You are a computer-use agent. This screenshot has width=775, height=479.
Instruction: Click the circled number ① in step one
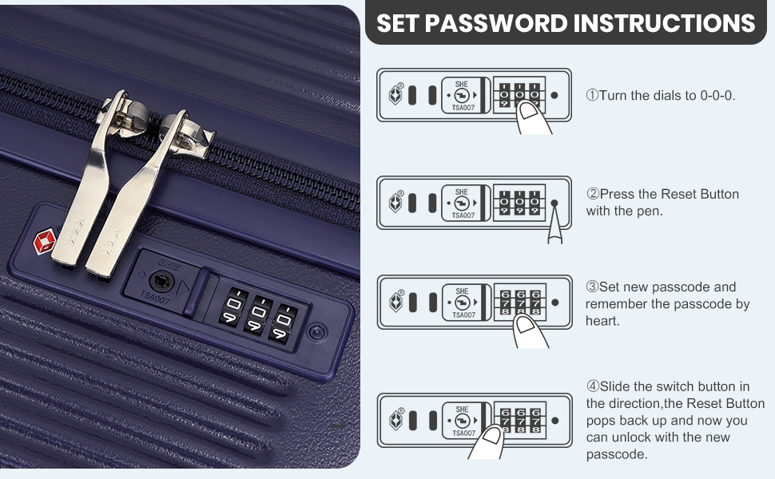pyautogui.click(x=592, y=95)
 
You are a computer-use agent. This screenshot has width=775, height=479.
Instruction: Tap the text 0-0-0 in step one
pyautogui.click(x=717, y=95)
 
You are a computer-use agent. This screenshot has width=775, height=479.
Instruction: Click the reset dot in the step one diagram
pyautogui.click(x=554, y=95)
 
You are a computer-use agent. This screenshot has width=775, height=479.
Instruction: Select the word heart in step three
pyautogui.click(x=602, y=321)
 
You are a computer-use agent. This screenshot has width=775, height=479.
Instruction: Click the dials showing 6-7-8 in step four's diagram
pyautogui.click(x=520, y=418)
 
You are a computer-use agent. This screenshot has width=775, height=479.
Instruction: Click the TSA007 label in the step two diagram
pyautogui.click(x=463, y=216)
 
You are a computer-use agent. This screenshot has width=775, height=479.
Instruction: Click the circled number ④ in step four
pyautogui.click(x=592, y=386)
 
